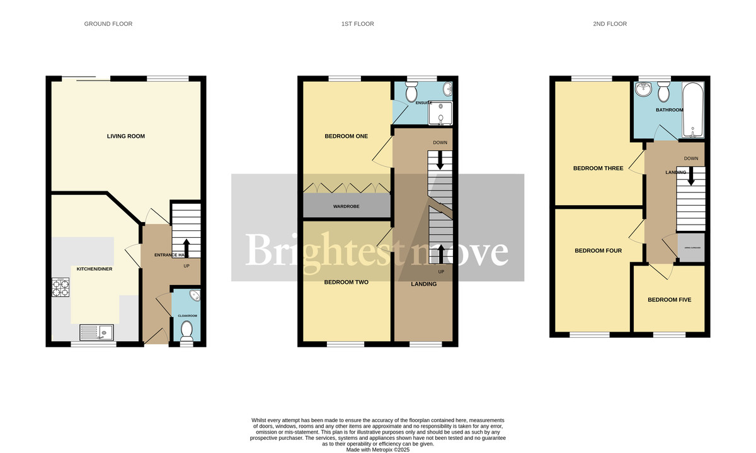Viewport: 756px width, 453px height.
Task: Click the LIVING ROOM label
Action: tap(127, 137)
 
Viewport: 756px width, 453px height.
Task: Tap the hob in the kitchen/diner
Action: tap(60, 288)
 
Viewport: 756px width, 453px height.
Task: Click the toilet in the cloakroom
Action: tap(186, 328)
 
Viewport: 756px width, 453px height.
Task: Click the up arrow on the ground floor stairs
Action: tap(186, 246)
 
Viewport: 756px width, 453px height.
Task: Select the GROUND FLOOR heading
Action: tap(108, 24)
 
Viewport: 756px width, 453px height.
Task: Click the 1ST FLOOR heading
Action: tap(358, 24)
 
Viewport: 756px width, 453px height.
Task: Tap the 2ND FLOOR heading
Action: tap(610, 24)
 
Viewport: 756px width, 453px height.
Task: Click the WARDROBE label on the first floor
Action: tap(346, 206)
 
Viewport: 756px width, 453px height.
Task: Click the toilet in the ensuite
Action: tap(412, 93)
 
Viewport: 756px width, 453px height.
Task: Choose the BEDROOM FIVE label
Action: tap(669, 300)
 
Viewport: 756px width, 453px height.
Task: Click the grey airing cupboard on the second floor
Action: tap(691, 249)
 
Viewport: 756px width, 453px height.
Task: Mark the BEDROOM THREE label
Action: tap(598, 169)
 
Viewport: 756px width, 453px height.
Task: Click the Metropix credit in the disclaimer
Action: tap(378, 450)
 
